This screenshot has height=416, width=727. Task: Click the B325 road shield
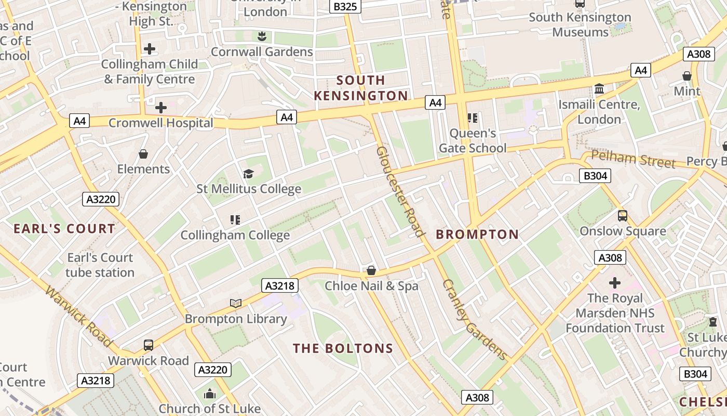345,7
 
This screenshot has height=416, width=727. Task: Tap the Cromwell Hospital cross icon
161,108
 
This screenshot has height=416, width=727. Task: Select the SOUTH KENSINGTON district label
361,88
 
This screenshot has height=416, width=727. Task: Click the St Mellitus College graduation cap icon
249,174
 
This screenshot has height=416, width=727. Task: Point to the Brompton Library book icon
236,303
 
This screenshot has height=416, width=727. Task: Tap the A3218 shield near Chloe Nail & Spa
280,285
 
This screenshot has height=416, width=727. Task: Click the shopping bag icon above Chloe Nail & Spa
371,270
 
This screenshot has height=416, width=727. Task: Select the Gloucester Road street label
400,191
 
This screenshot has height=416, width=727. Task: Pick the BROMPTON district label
477,235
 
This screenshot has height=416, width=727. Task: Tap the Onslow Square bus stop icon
623,216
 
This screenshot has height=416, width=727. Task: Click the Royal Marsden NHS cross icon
615,283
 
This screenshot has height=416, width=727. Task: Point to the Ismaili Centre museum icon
599,89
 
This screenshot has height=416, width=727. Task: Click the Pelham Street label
633,159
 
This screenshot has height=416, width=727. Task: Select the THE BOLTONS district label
343,348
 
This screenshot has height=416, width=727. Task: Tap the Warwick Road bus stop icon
149,345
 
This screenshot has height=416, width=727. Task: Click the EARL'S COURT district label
64,229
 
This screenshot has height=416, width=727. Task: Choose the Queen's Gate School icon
472,118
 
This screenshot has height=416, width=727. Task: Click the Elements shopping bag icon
143,154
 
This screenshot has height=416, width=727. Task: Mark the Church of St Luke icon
210,394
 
